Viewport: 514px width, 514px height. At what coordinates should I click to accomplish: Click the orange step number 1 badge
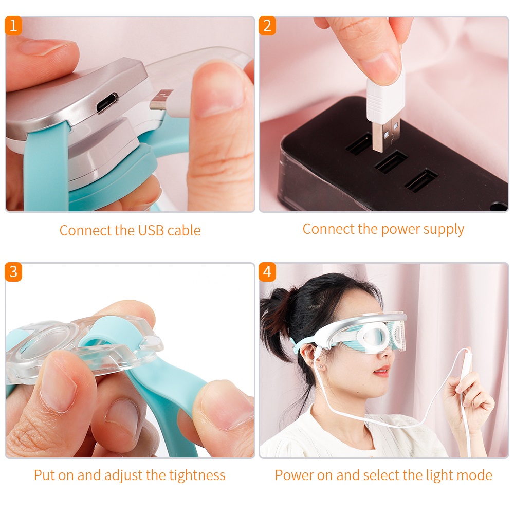13,25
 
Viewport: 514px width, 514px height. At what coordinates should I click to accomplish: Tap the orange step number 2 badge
267,25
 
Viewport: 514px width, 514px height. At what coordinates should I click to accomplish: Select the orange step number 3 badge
13,271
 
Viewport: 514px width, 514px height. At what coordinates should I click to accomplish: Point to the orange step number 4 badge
267,271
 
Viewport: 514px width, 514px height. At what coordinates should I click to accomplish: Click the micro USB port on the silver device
106,102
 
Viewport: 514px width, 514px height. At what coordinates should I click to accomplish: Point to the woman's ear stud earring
320,368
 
